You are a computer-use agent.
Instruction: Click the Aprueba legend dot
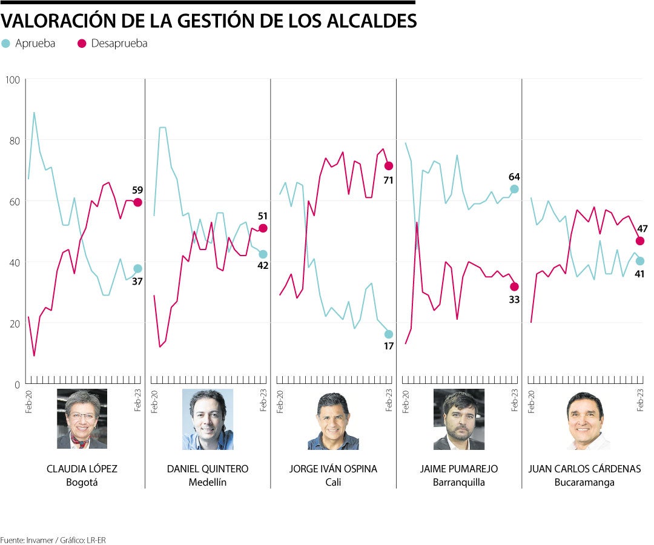[x=6, y=44]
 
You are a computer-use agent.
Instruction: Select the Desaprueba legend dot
[x=82, y=44]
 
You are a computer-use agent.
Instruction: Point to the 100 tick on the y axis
[x=13, y=80]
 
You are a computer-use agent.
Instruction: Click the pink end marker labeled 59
[x=137, y=202]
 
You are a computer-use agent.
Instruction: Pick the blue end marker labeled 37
[x=137, y=269]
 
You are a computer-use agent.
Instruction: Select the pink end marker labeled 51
[x=263, y=228]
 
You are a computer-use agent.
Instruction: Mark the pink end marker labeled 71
[x=389, y=166]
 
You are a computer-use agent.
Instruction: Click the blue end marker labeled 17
[x=389, y=334]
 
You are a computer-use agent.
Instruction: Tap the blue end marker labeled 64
[x=514, y=189]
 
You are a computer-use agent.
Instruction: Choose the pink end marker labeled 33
[x=514, y=286]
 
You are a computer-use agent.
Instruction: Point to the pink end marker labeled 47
[x=640, y=241]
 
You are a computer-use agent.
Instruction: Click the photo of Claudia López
[x=82, y=419]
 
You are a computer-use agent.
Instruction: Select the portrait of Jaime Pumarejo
[x=459, y=419]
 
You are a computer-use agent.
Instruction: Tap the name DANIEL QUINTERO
[x=208, y=469]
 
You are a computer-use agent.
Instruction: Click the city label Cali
[x=333, y=483]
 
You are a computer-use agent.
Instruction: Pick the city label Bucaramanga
[x=584, y=483]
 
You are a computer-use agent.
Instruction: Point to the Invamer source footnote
[x=48, y=539]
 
